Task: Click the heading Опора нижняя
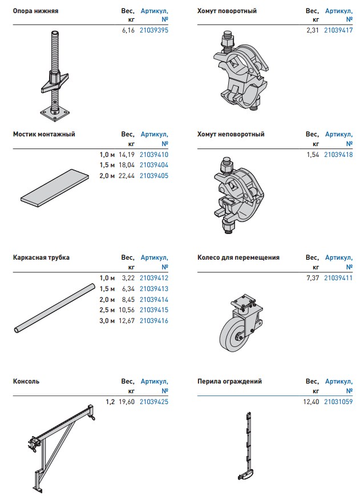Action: click(35, 11)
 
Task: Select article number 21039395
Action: click(154, 30)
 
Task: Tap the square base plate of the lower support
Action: click(54, 114)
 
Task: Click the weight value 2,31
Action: click(313, 30)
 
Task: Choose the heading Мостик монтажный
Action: click(44, 134)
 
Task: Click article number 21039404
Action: click(154, 165)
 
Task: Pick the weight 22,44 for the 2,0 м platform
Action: click(127, 176)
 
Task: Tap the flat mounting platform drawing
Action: click(55, 188)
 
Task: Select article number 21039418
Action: click(338, 155)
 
